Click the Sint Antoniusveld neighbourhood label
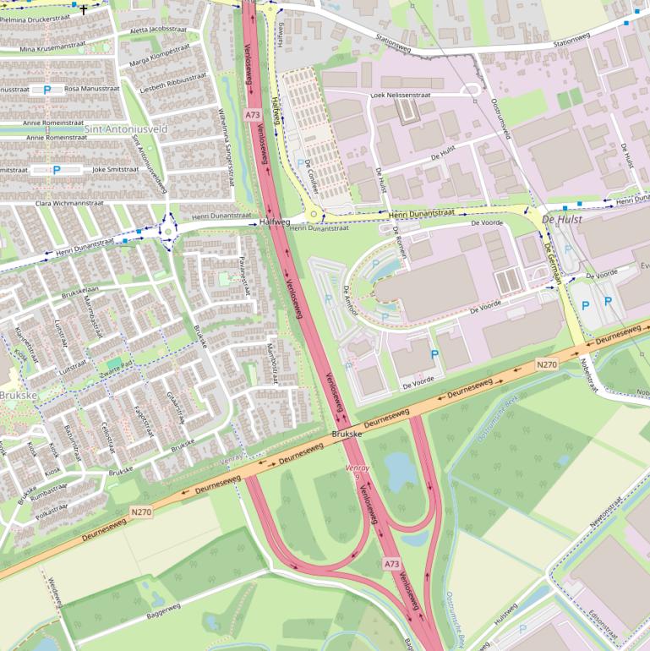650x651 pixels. coord(126,129)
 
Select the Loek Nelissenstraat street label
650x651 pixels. coord(400,96)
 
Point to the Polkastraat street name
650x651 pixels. coord(52,511)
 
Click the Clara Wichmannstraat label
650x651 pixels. coord(69,204)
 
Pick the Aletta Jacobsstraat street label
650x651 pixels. coord(159,29)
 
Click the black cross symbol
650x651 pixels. coord(84,10)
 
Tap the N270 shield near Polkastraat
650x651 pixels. coord(141,511)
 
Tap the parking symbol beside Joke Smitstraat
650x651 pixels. coord(57,169)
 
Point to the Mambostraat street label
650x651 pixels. coord(273,363)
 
